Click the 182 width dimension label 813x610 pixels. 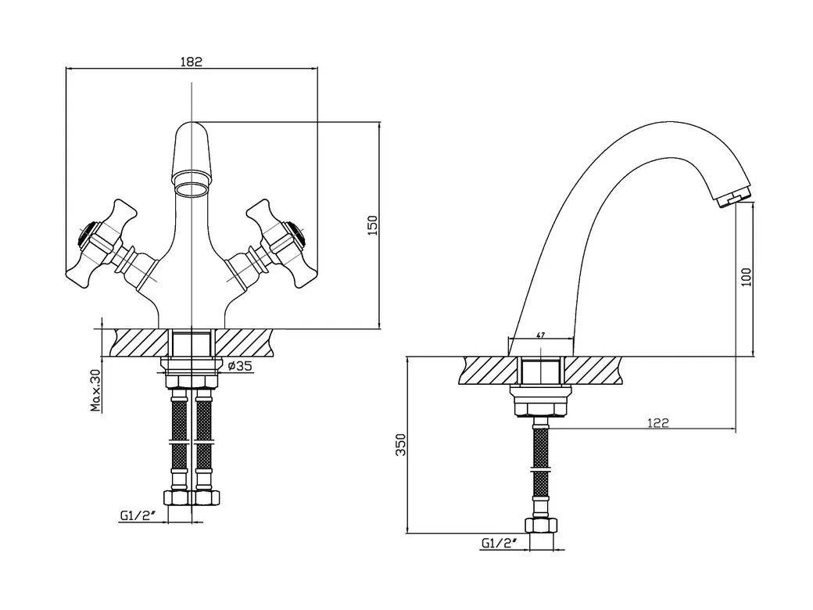pos(191,62)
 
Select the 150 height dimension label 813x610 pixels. pos(372,224)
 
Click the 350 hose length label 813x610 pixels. pos(399,444)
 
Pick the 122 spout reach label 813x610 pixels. pos(658,422)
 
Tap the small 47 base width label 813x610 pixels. pos(541,335)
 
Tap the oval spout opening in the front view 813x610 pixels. pos(192,188)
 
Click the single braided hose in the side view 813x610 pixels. pos(540,469)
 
